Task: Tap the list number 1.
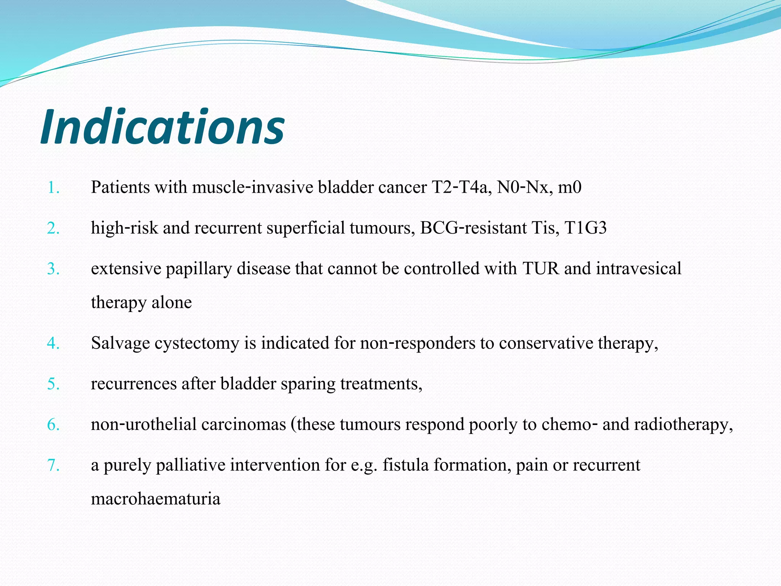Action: [53, 188]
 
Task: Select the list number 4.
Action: [53, 343]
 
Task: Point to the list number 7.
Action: [53, 465]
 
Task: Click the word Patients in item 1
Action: [121, 187]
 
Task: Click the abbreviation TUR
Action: [541, 269]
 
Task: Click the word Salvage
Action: [121, 343]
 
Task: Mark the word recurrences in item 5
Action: [134, 384]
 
